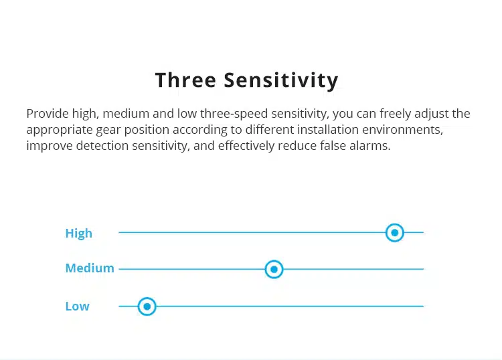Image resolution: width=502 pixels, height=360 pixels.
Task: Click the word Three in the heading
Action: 185,80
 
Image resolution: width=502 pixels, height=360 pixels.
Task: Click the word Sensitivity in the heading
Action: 281,81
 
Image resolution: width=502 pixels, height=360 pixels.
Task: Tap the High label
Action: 79,234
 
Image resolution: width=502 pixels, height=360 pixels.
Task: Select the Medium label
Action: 90,268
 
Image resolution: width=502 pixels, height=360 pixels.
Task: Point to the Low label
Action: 77,306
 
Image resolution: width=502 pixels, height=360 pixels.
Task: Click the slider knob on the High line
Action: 395,233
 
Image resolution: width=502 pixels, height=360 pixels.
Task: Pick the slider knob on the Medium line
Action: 274,270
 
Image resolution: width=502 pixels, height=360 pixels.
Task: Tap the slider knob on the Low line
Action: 147,306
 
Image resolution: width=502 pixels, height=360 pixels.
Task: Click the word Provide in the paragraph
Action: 48,114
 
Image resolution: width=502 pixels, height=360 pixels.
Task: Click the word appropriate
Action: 60,130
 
